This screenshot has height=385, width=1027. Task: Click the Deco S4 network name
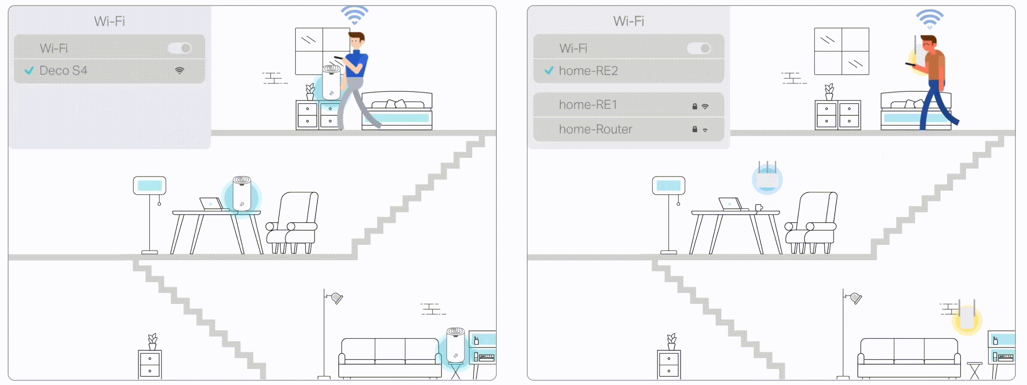[x=63, y=70]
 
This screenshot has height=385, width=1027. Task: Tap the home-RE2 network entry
[x=588, y=71]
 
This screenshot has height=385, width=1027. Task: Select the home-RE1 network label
[x=588, y=105]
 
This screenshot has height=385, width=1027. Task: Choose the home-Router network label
[x=595, y=129]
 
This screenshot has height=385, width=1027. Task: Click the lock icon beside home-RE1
[x=695, y=106]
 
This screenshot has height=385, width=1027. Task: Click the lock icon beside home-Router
[x=695, y=129]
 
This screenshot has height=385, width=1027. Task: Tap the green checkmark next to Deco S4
[x=29, y=70]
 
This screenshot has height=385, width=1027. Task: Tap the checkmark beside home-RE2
[x=549, y=70]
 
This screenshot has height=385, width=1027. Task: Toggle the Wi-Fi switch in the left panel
[x=180, y=48]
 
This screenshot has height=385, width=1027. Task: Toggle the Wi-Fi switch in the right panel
[x=699, y=48]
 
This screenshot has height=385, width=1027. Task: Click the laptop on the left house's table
[x=211, y=204]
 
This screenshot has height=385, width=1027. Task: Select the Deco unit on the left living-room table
[x=242, y=193]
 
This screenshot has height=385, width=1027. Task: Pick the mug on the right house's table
[x=759, y=208]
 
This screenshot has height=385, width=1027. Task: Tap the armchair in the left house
[x=292, y=223]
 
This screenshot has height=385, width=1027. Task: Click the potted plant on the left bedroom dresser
[x=310, y=92]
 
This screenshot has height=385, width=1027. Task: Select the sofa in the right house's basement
[x=909, y=358]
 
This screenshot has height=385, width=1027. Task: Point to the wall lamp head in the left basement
[x=337, y=298]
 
